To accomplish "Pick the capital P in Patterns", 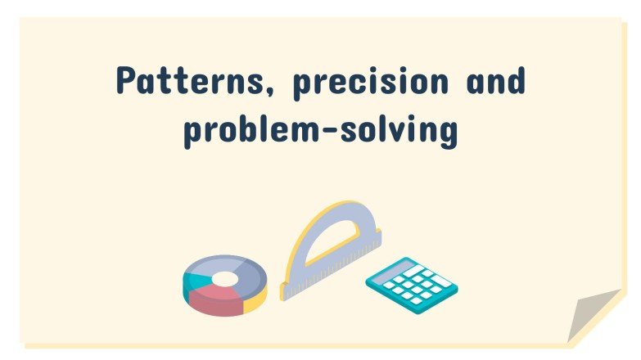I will (x=128, y=81).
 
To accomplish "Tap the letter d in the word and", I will (x=516, y=81).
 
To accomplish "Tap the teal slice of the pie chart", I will (x=196, y=277).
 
